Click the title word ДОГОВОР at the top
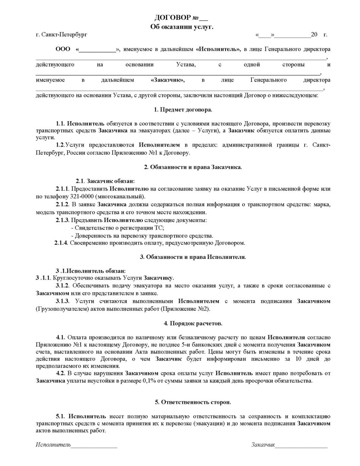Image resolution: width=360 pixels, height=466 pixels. pos(172,18)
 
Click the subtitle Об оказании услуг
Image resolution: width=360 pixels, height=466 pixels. pos(182,27)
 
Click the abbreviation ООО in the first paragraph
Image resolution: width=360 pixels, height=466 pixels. pos(63,49)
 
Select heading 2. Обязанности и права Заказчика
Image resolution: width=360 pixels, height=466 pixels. pos(193,167)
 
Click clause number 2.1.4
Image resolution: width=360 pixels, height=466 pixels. pos(61,243)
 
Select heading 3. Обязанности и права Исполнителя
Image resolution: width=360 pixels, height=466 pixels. pos(193,257)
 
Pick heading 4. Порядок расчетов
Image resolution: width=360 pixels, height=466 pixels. pos(193,323)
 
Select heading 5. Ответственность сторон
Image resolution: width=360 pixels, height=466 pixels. pos(193,402)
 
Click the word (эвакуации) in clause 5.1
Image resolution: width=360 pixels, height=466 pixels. pos(199,423)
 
